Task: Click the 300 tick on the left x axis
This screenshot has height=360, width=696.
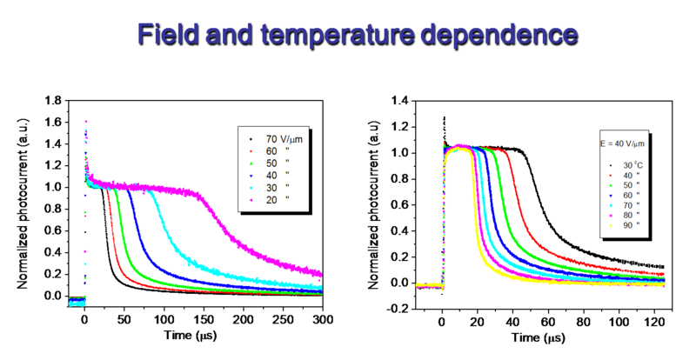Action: click(322, 319)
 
